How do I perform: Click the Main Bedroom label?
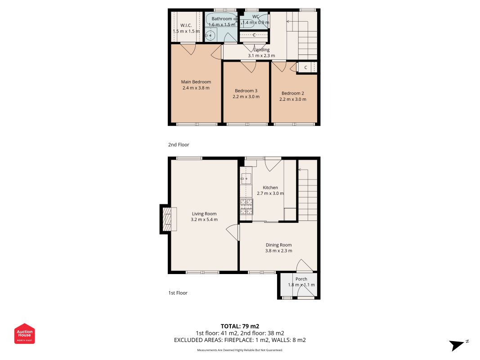click(196, 82)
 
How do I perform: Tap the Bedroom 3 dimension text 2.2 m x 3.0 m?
click(246, 97)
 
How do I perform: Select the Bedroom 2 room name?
click(293, 93)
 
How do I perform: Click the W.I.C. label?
click(186, 25)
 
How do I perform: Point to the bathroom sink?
click(210, 36)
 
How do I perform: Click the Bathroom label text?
click(222, 18)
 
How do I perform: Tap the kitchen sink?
click(246, 179)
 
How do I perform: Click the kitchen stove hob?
click(247, 207)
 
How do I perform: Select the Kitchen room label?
click(270, 188)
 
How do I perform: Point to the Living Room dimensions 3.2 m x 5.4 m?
click(204, 220)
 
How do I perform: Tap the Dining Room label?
click(278, 245)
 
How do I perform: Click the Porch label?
click(301, 279)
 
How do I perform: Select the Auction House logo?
click(24, 333)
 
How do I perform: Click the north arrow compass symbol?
click(458, 345)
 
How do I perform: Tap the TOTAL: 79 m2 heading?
click(240, 326)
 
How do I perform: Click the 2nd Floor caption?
click(179, 144)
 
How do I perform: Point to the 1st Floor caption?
click(178, 293)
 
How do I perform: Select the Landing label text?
click(261, 49)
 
